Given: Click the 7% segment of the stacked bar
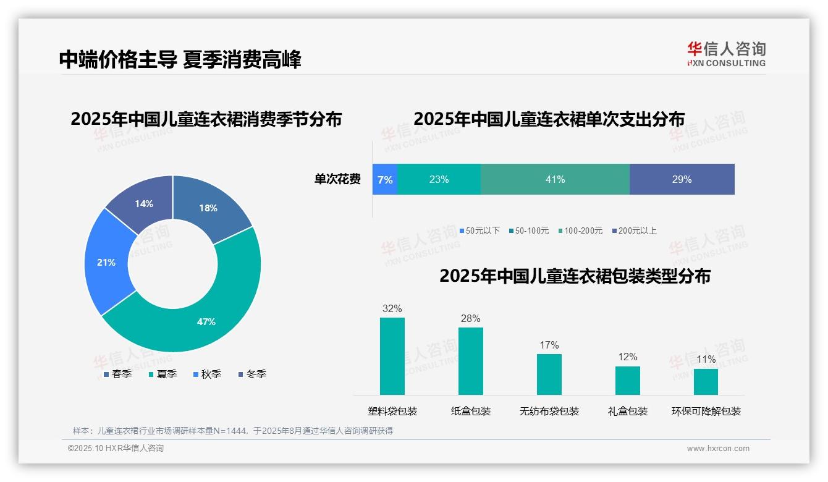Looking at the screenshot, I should pyautogui.click(x=384, y=179).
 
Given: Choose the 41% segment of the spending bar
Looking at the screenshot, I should pyautogui.click(x=555, y=179).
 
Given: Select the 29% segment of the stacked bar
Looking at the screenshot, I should pyautogui.click(x=682, y=179).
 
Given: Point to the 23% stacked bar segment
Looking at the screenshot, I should pyautogui.click(x=439, y=179).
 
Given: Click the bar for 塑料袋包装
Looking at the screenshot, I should pyautogui.click(x=392, y=356).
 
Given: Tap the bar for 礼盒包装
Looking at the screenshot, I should pyautogui.click(x=627, y=380).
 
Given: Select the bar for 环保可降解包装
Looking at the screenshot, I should pyautogui.click(x=706, y=381).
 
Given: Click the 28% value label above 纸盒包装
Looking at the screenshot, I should pyautogui.click(x=470, y=318).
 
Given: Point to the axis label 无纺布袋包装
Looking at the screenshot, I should pyautogui.click(x=549, y=411).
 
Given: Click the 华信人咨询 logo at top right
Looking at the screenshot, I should pyautogui.click(x=726, y=54).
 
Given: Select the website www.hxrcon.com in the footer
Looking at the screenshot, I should pyautogui.click(x=717, y=448).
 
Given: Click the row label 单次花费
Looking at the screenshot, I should pyautogui.click(x=337, y=179).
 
